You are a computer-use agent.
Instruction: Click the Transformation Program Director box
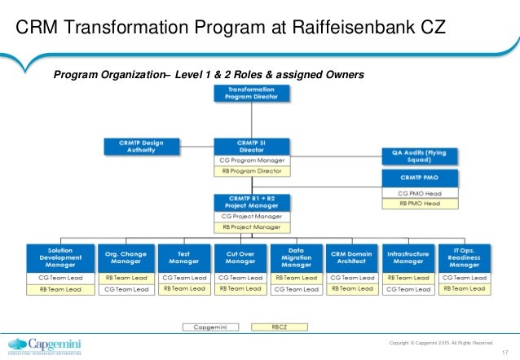click(251, 93)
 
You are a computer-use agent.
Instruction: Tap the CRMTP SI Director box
click(251, 147)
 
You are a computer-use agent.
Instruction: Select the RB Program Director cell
click(251, 171)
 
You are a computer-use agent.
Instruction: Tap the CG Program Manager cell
click(251, 160)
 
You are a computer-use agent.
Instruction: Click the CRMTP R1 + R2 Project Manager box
click(251, 202)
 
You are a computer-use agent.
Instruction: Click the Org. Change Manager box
click(126, 258)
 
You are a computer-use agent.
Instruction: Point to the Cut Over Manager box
click(240, 258)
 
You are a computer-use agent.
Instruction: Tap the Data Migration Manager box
click(296, 258)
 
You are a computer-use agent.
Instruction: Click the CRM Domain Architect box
click(352, 258)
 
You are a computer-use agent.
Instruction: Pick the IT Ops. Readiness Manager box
click(463, 258)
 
